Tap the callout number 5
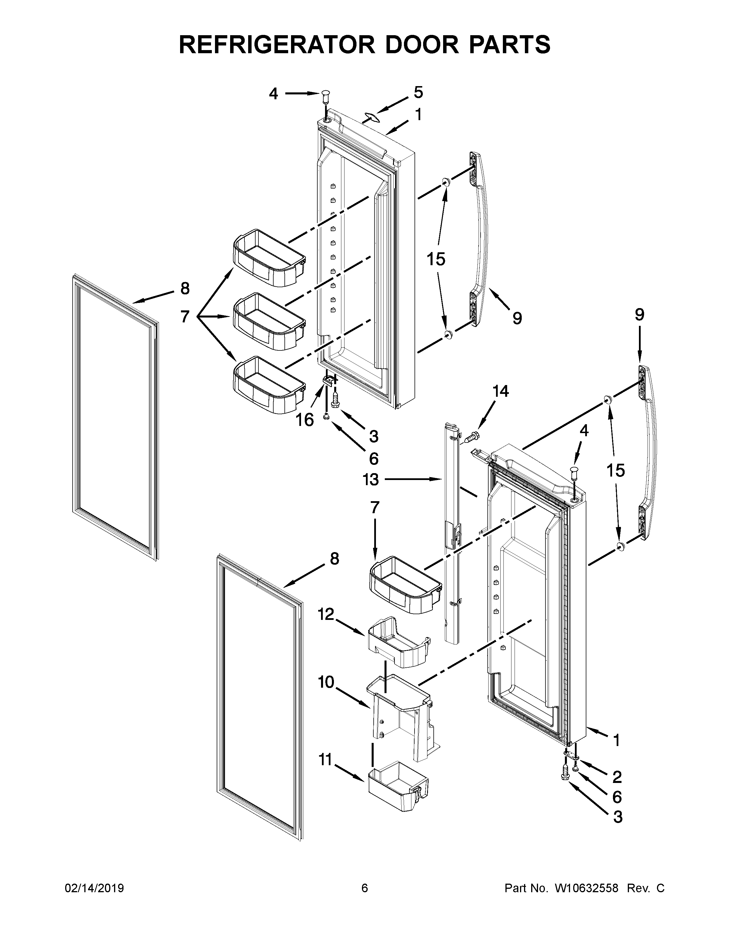pos(418,92)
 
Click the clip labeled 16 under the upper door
pos(328,380)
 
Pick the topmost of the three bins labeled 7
pos(269,258)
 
